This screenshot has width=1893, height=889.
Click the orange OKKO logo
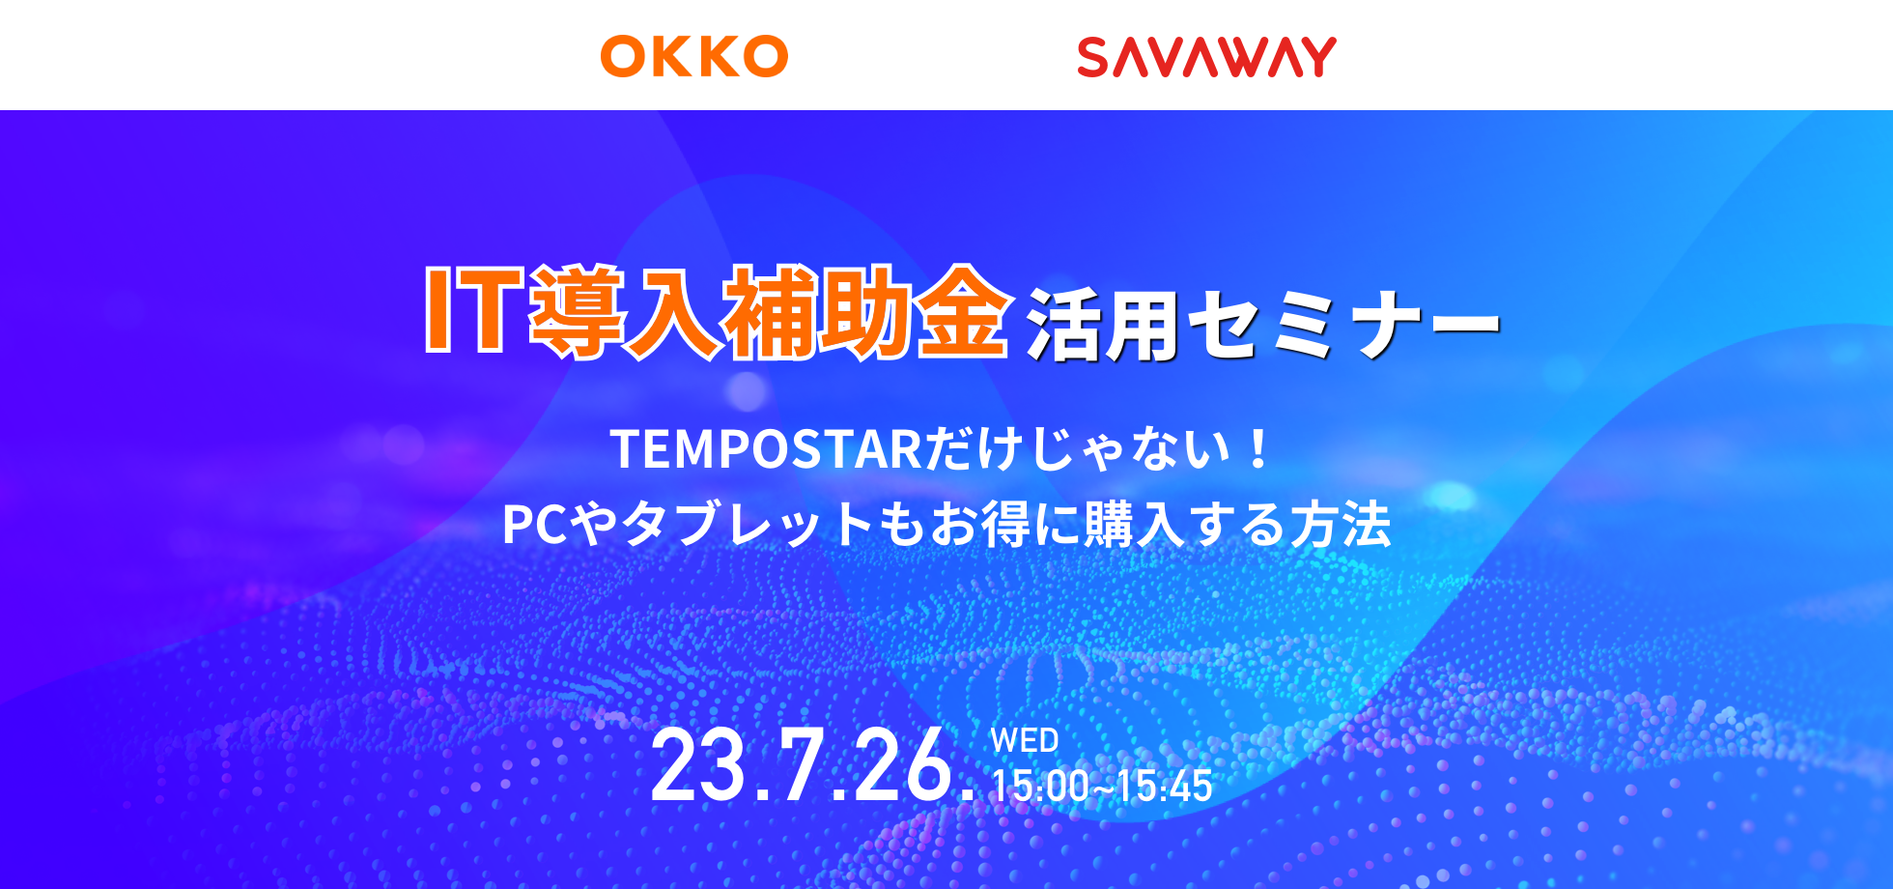pyautogui.click(x=693, y=56)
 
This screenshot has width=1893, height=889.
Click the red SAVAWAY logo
pyautogui.click(x=1206, y=57)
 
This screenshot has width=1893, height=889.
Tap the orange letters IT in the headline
pyautogui.click(x=474, y=310)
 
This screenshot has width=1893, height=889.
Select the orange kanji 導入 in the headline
pyautogui.click(x=625, y=312)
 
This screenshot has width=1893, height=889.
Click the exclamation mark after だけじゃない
pyautogui.click(x=1257, y=450)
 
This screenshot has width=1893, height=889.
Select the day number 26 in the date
pyautogui.click(x=902, y=766)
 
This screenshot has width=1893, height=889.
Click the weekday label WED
pyautogui.click(x=1025, y=741)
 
